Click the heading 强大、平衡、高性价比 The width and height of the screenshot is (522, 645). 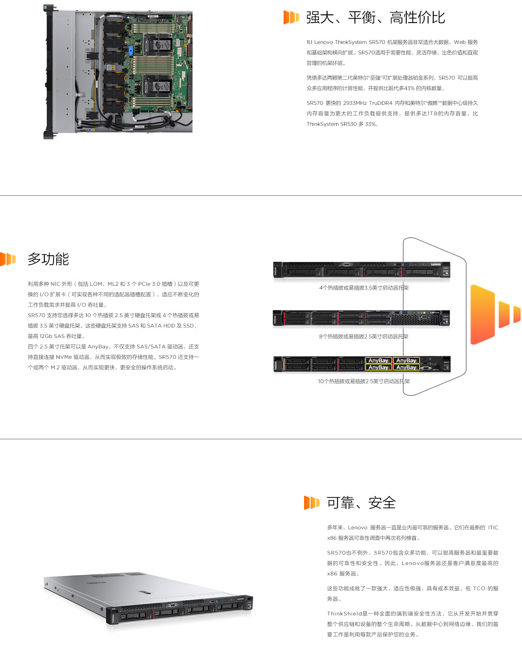click(375, 17)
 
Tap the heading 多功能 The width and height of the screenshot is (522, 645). click(48, 259)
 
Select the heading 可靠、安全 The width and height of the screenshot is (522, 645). click(361, 503)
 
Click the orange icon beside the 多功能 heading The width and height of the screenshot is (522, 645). click(7, 259)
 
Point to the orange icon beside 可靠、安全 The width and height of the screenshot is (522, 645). click(311, 503)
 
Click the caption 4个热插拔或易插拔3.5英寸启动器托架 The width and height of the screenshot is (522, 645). click(364, 287)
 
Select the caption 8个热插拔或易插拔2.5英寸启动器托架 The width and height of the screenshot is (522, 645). click(363, 337)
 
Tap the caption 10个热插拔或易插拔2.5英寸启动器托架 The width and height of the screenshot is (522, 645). click(364, 381)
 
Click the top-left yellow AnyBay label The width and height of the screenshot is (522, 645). click(378, 361)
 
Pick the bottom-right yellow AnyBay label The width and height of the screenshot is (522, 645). click(406, 368)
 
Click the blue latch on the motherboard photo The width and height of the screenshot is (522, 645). click(130, 51)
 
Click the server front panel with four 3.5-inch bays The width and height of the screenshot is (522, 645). click(361, 270)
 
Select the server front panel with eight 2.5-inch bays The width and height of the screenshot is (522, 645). click(361, 318)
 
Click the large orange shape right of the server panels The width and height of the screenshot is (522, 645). click(483, 314)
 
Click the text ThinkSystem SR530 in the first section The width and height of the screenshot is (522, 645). click(331, 124)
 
